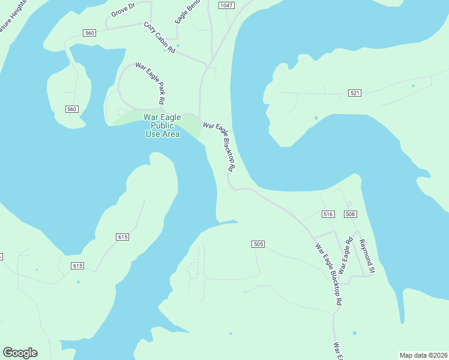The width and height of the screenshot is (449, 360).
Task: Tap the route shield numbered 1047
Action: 226,5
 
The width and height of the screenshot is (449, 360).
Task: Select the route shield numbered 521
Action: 355,93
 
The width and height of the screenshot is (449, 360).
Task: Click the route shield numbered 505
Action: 258,244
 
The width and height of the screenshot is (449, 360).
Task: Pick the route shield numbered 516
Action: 328,214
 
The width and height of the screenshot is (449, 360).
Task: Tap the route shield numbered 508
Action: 351,214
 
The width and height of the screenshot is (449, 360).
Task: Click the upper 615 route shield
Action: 122,237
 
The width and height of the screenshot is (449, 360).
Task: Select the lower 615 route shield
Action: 77,265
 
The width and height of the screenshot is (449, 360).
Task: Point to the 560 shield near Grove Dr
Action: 89,33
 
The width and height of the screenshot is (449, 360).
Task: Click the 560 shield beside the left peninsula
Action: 72,109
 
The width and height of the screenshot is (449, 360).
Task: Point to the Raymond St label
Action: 367,256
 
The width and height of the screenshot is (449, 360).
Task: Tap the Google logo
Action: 20,352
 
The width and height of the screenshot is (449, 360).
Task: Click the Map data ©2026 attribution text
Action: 424,355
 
